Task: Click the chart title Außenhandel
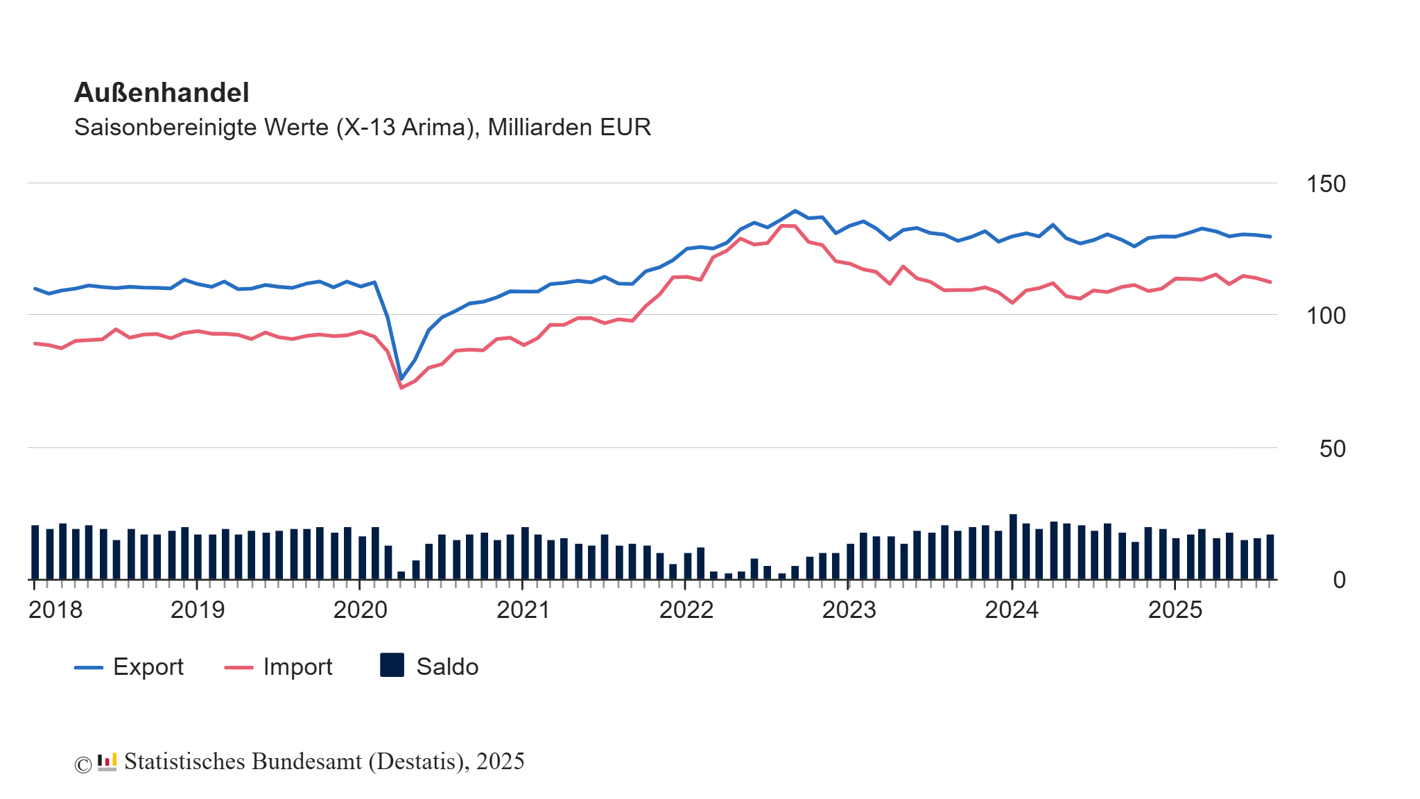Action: (161, 93)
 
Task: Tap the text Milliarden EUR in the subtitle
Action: (569, 128)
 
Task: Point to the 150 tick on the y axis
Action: (1325, 184)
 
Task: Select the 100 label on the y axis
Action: (1325, 316)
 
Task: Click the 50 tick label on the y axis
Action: (1332, 449)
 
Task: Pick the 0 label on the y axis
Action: (1339, 581)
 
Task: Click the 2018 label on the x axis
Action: (55, 610)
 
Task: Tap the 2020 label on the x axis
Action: (360, 610)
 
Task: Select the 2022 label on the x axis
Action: (686, 610)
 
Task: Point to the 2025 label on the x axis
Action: (1175, 610)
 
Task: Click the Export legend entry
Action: (148, 667)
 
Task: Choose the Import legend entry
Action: (297, 667)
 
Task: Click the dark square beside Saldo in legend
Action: (392, 666)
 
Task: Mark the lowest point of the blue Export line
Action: (401, 379)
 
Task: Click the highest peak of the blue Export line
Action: (795, 211)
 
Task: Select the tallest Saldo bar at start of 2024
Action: (1013, 547)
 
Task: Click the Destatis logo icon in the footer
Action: (107, 762)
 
